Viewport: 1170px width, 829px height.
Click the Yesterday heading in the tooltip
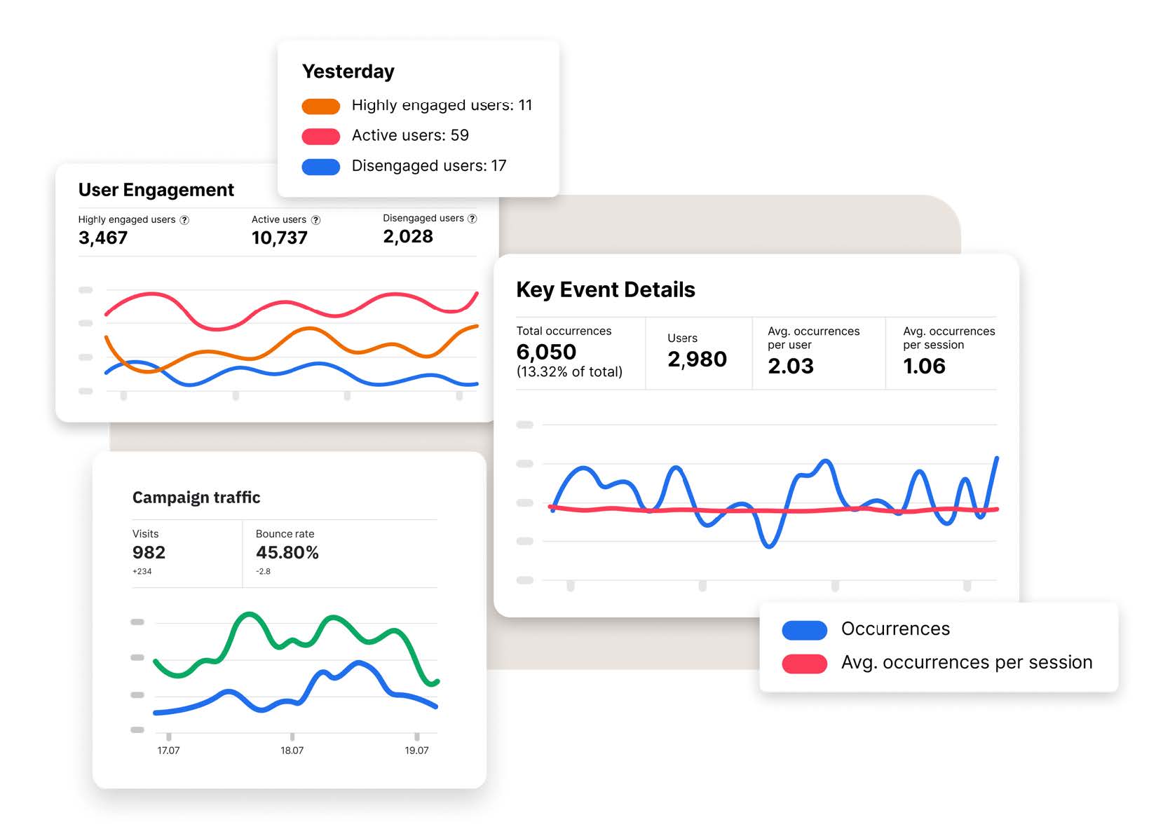348,71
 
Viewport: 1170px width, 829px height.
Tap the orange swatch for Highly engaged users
320,106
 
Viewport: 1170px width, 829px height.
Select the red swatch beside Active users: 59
320,136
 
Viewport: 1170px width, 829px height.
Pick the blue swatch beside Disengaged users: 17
320,167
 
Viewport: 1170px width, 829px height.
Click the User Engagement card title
156,190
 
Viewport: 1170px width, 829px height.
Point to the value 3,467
103,238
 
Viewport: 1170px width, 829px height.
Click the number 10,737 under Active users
279,238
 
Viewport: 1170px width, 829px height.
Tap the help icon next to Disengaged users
472,219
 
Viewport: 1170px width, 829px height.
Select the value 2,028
408,237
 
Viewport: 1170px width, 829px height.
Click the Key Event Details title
605,289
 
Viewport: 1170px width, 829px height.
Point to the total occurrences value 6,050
546,352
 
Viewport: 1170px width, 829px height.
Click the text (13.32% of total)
569,372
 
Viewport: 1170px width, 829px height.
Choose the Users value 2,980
697,359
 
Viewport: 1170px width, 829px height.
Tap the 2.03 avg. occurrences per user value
791,366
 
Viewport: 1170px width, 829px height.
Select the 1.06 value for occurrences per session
924,366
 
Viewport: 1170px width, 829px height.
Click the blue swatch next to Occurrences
804,630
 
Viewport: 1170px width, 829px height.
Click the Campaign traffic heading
196,498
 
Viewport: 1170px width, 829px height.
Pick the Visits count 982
149,553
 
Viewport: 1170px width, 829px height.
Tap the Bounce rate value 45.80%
287,553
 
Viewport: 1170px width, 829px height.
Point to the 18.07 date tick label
292,751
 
